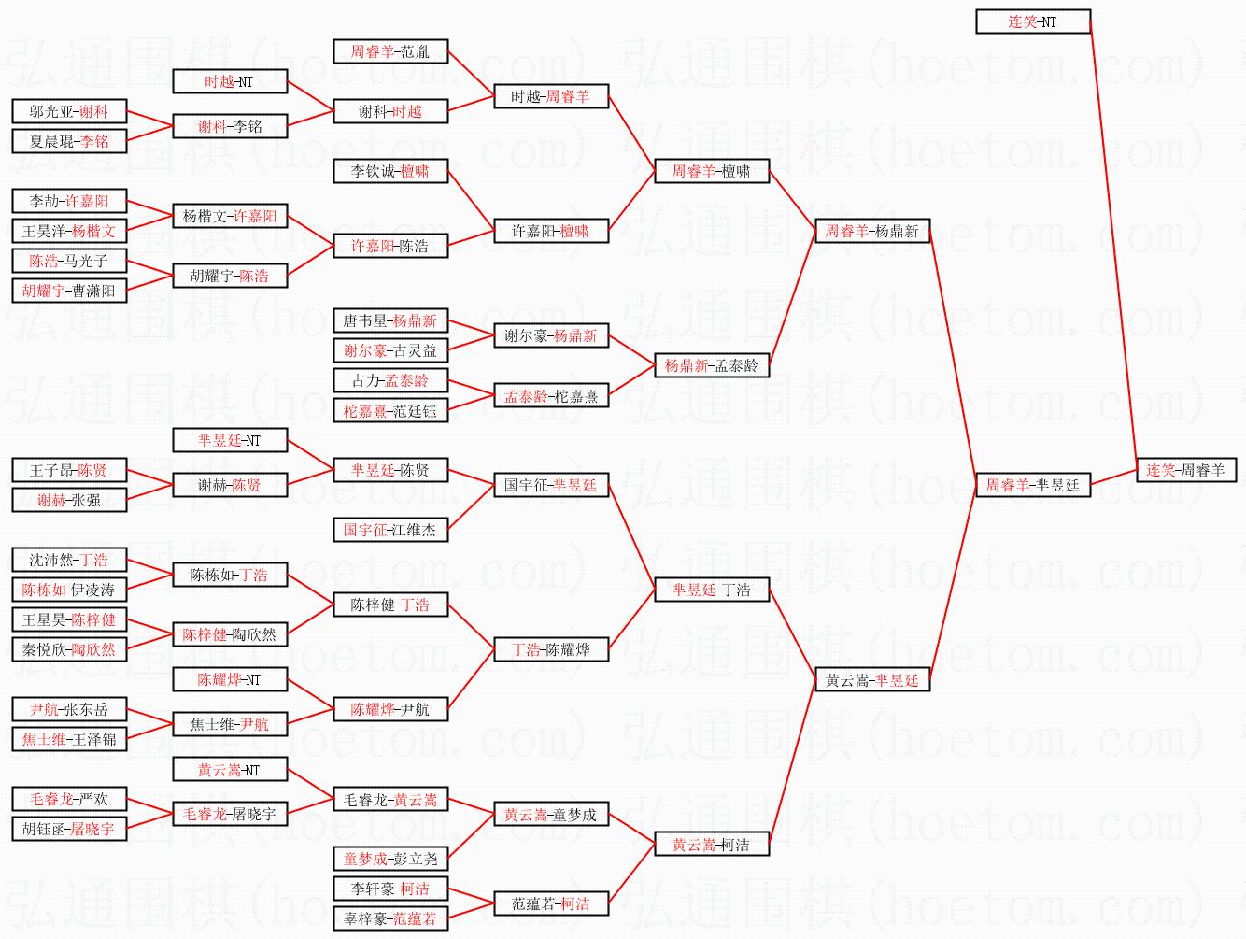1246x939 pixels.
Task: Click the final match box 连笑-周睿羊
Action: point(1185,470)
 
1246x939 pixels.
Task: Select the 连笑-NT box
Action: point(1032,21)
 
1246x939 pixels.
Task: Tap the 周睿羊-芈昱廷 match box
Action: point(1032,485)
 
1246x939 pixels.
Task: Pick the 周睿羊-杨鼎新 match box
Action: point(871,231)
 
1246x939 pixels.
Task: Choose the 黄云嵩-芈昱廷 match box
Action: point(871,680)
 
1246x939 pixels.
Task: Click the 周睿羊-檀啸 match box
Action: point(711,171)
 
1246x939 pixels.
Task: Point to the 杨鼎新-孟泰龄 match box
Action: point(711,365)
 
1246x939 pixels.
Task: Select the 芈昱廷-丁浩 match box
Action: point(711,590)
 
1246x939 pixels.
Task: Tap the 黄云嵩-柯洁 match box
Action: point(711,845)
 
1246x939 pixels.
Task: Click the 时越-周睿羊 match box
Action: point(550,96)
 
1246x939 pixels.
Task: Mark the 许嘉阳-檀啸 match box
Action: point(550,231)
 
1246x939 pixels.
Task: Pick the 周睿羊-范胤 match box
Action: point(389,51)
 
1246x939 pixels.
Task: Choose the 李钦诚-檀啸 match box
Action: point(389,171)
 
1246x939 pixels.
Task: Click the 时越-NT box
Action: point(229,81)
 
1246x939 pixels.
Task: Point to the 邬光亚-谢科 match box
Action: point(68,111)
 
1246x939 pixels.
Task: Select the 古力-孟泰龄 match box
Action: point(389,380)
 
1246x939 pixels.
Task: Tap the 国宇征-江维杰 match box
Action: point(389,530)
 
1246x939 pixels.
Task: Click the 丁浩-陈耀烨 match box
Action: point(550,649)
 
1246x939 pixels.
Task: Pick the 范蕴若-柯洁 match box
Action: point(550,903)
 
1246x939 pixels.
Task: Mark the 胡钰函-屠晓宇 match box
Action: point(68,829)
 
